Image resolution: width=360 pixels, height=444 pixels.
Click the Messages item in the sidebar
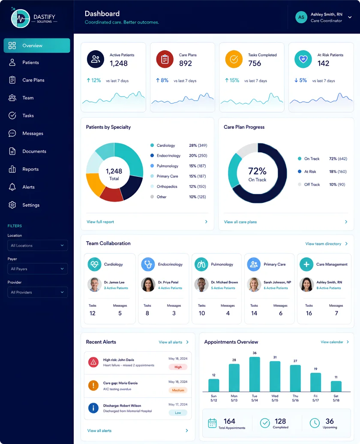[x=33, y=133]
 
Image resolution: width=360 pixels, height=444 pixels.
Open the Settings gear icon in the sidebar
[x=12, y=205]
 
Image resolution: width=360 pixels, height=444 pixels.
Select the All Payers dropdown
[x=37, y=269]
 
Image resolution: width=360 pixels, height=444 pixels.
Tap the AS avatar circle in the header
[x=301, y=17]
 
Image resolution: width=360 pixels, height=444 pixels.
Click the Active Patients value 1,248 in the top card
[x=118, y=63]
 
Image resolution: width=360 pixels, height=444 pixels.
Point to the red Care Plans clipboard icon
[x=165, y=59]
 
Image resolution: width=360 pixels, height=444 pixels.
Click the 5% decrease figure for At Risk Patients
[x=300, y=80]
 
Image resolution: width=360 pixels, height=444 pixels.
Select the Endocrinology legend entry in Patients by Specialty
[x=168, y=155]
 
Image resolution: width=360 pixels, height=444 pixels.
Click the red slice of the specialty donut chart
[x=111, y=194]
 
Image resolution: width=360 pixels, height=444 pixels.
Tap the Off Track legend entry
[x=312, y=184]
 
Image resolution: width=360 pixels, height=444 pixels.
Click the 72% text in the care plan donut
[x=257, y=171]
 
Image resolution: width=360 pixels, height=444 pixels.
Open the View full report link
[x=100, y=222]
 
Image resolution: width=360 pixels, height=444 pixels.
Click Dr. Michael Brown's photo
[x=201, y=284]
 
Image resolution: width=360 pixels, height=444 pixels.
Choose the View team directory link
[x=323, y=244]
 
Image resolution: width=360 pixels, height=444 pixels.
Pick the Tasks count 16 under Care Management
[x=309, y=313]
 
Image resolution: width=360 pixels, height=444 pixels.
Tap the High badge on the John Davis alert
[x=178, y=367]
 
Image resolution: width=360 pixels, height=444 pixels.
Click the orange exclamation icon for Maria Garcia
[x=93, y=385]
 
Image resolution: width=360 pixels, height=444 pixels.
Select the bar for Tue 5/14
[x=255, y=375]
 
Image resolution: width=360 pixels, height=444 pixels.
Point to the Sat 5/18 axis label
[x=336, y=398]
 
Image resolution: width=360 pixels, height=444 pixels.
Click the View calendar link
[x=332, y=342]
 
